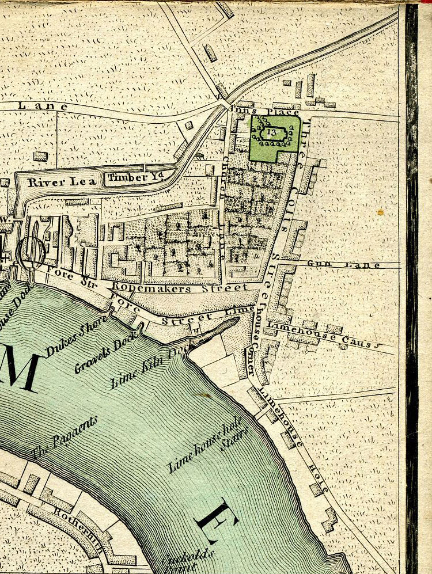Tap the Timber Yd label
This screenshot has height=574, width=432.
128,177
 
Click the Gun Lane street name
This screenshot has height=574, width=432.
343,265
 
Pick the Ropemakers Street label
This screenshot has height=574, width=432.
180,286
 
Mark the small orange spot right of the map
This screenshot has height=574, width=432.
380,212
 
